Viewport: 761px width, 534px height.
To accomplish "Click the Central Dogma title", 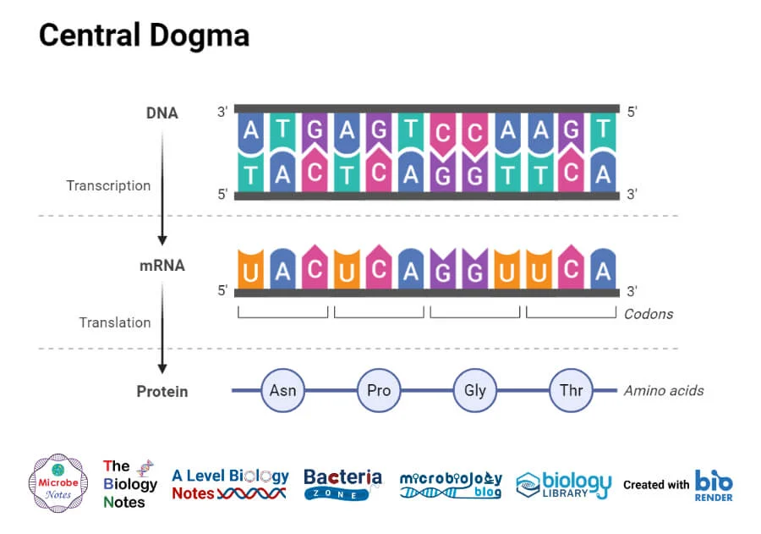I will click(144, 36).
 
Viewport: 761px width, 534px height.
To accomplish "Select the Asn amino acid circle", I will click(282, 390).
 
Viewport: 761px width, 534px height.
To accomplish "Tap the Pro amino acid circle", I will click(379, 390).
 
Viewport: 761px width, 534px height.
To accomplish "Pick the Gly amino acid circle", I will click(475, 390).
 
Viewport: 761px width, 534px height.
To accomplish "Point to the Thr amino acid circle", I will click(571, 390).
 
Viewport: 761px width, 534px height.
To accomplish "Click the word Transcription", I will click(108, 185).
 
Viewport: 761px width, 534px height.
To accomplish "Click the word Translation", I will click(115, 322).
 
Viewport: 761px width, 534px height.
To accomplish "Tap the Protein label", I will click(162, 392).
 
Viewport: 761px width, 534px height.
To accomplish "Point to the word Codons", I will click(649, 314).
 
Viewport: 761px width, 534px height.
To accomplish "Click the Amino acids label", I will click(664, 391).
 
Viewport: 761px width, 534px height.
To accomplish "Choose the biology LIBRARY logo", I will click(563, 484).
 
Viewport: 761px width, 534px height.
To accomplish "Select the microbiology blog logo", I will click(451, 484).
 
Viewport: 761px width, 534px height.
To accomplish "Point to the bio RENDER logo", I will click(714, 485).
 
